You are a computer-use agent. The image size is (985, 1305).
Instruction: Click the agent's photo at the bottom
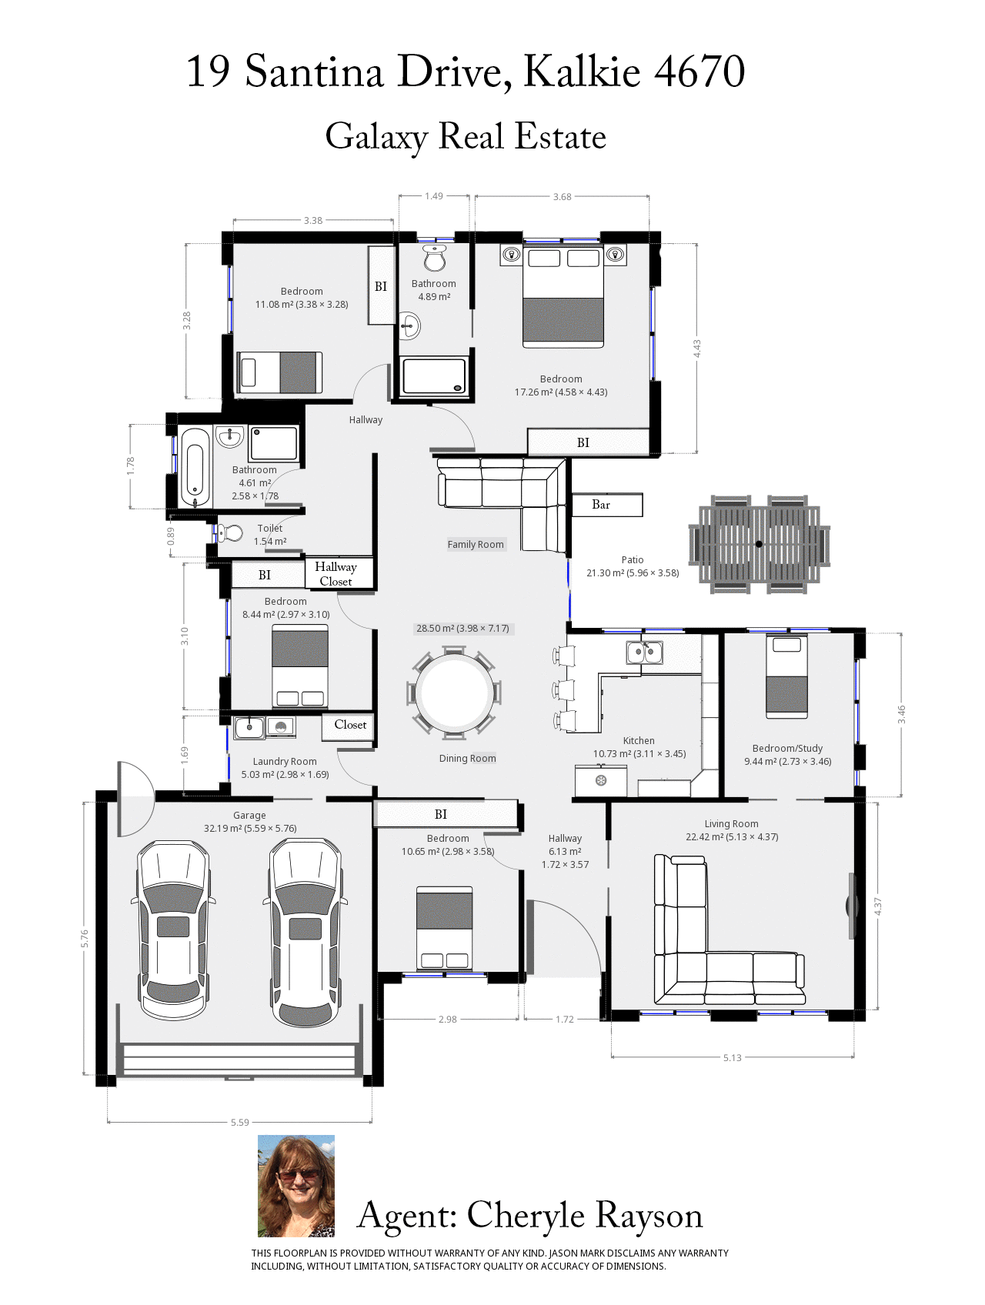[296, 1186]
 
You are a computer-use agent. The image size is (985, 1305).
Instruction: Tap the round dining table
[454, 693]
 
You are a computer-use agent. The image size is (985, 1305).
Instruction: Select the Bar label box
[607, 505]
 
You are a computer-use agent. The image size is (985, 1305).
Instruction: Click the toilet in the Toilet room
[229, 532]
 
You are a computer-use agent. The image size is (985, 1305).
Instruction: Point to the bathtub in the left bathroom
[195, 467]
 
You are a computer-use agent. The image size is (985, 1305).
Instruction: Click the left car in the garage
[173, 930]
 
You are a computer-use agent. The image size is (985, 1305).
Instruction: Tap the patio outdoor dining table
[760, 544]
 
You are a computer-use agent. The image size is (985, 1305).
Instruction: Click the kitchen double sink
[645, 652]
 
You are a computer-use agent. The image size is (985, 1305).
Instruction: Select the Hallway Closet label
[336, 574]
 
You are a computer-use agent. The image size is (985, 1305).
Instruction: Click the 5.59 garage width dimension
[240, 1122]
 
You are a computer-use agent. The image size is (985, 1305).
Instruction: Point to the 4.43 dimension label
[696, 349]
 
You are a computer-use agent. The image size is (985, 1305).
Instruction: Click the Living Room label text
[731, 823]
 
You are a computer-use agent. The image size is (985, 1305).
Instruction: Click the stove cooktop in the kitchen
[601, 781]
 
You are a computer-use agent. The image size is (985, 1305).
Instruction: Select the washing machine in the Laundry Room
[281, 726]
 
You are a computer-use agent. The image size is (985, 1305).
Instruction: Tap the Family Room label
[476, 544]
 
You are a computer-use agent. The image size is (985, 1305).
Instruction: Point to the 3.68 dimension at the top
[563, 197]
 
